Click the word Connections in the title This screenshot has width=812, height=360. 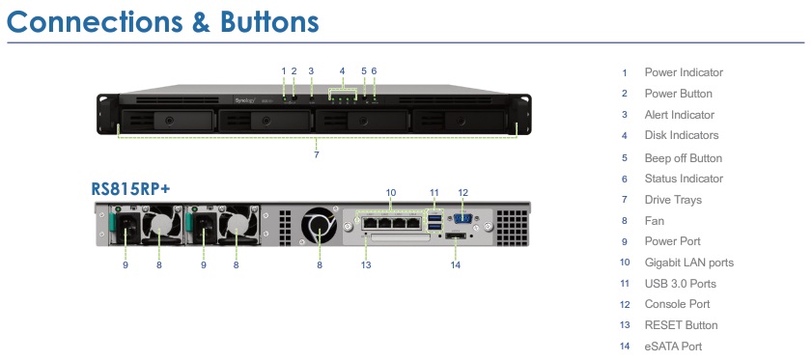95,22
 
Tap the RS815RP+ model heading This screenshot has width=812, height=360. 130,189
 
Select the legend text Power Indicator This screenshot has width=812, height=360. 684,72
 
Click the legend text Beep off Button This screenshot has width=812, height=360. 683,158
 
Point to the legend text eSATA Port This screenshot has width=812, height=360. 673,346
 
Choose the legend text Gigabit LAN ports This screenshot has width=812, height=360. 688,263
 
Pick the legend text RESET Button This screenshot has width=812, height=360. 681,325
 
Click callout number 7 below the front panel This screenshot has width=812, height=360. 317,154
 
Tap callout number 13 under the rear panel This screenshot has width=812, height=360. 366,264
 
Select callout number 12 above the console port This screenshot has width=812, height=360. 462,193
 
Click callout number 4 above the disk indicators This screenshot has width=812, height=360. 342,70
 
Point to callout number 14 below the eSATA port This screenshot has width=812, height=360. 455,264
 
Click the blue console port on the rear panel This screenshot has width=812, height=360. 462,218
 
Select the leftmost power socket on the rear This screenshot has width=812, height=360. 126,228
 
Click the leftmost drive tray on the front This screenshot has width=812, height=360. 167,122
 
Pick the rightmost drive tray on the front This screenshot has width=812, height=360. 460,122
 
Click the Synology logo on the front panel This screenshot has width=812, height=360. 245,100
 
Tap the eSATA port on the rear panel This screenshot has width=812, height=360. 456,236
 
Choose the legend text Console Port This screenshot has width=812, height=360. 677,304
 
